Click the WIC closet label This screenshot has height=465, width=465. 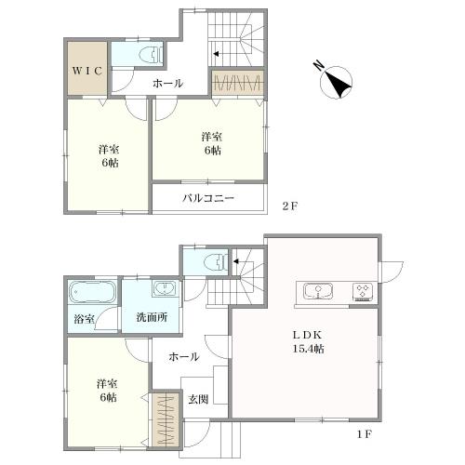coord(87,71)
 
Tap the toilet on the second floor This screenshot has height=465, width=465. coord(151,56)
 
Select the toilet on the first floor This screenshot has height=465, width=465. coord(217,262)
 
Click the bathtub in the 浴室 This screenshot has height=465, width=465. coord(92,293)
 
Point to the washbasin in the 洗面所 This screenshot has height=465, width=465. coord(165,289)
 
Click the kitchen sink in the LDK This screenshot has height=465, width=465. coord(318,291)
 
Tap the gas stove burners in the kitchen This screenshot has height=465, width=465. coord(363,292)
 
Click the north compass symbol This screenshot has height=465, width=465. coord(336,82)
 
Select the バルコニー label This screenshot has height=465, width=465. coord(208,198)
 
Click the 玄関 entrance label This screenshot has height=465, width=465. coord(198,400)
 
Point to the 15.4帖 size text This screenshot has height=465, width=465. coord(309,349)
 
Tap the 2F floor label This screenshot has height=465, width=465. coord(290,206)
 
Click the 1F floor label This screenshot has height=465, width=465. coord(364,434)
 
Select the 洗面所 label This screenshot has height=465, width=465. coord(152,317)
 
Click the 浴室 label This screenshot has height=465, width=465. coord(84,319)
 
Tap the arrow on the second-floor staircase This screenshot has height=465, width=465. coord(216,54)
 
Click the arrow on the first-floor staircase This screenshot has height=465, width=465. coord(236,261)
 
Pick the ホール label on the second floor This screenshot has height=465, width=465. coord(167,83)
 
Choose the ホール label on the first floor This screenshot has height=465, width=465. coord(184,357)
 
